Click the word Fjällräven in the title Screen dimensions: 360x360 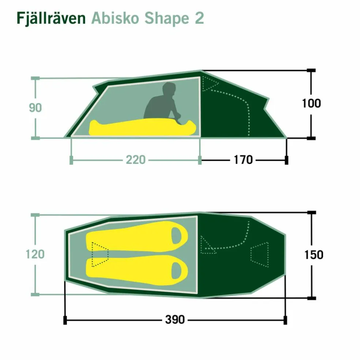[51, 18]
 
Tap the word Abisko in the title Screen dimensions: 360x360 [115, 18]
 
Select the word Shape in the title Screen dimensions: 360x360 [167, 18]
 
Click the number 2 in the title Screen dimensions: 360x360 [199, 18]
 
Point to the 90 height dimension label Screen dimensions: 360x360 [35, 108]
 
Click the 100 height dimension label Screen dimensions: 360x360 [311, 103]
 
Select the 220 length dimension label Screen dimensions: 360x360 [136, 160]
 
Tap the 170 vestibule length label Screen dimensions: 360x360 [243, 160]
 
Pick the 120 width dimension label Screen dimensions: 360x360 [35, 254]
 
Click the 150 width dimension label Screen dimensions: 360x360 [314, 255]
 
